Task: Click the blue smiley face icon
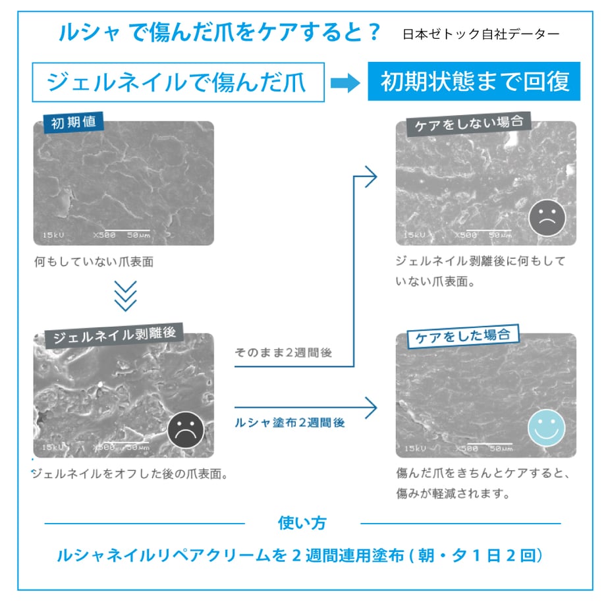(546, 428)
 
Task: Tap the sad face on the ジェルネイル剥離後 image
(186, 429)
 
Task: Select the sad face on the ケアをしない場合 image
(547, 217)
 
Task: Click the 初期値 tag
(73, 122)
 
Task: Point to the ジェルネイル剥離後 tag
(114, 335)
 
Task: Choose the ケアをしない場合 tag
(469, 124)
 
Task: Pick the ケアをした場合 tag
(463, 336)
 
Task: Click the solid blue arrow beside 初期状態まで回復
(345, 83)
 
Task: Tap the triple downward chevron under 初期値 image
(126, 296)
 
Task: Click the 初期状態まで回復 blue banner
(474, 81)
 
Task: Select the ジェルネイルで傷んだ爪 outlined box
(178, 82)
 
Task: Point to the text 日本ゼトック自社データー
(481, 34)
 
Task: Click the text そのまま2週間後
(283, 352)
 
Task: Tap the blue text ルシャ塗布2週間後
(290, 423)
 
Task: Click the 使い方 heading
(302, 523)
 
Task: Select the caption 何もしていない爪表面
(94, 262)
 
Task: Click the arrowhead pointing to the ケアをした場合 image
(372, 408)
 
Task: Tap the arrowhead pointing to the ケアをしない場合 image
(372, 177)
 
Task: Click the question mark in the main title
(374, 32)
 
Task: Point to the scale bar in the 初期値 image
(128, 231)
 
